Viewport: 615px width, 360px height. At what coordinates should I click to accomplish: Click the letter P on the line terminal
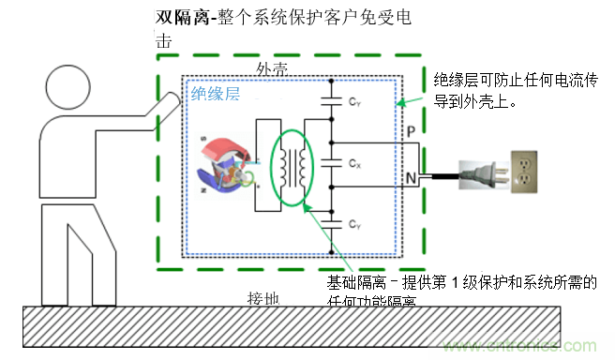[411, 135]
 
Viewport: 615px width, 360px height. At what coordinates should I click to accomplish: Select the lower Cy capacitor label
[353, 224]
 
